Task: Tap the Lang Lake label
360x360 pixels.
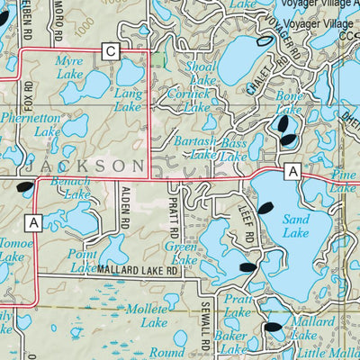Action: (127, 100)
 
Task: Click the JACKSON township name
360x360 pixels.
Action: (85, 166)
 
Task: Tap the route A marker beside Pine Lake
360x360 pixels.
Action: (292, 170)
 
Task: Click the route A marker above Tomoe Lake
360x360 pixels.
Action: (34, 221)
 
